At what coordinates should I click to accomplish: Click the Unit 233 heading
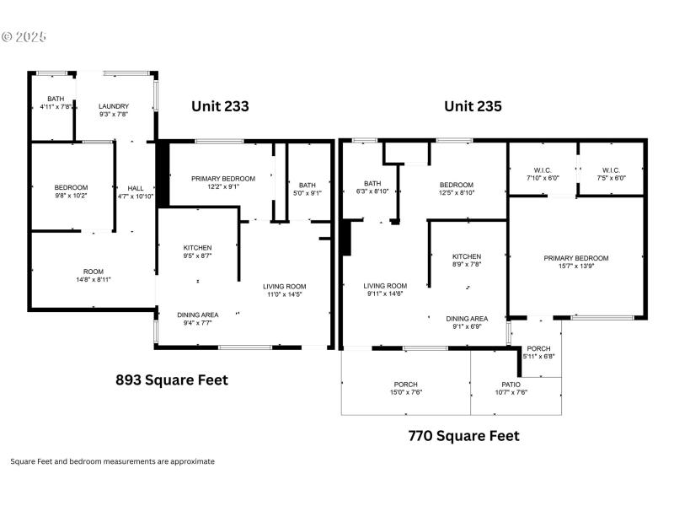(220, 106)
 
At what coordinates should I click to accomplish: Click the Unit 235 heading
(473, 106)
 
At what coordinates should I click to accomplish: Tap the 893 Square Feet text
(171, 379)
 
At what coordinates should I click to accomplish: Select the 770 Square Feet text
(463, 436)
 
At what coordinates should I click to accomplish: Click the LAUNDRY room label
(114, 106)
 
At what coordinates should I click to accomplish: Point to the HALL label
(135, 188)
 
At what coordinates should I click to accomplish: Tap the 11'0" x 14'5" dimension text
(283, 294)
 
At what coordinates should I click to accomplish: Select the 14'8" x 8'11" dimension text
(94, 280)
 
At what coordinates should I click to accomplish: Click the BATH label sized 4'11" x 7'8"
(56, 98)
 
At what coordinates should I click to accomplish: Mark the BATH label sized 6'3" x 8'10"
(372, 183)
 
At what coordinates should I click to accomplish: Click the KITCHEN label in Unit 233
(198, 247)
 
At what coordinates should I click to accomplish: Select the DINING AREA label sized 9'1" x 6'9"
(468, 319)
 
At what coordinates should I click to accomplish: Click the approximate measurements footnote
(112, 461)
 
